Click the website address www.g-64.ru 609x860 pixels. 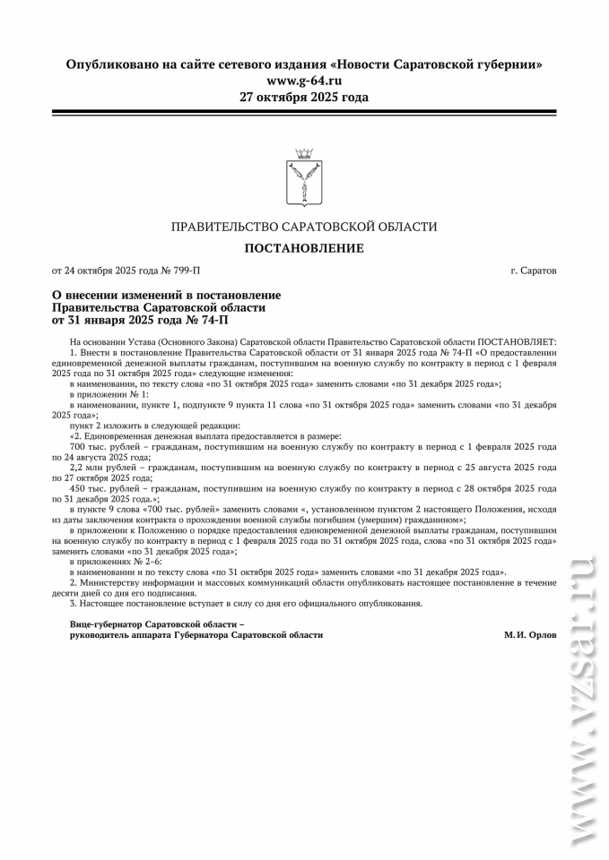(x=304, y=81)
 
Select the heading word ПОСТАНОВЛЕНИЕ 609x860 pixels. (x=304, y=247)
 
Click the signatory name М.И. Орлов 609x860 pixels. (x=530, y=634)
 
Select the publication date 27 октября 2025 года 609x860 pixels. (x=304, y=97)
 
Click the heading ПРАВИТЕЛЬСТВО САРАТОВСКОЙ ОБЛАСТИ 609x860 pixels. (x=304, y=227)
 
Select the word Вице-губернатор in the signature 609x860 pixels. (x=107, y=623)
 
